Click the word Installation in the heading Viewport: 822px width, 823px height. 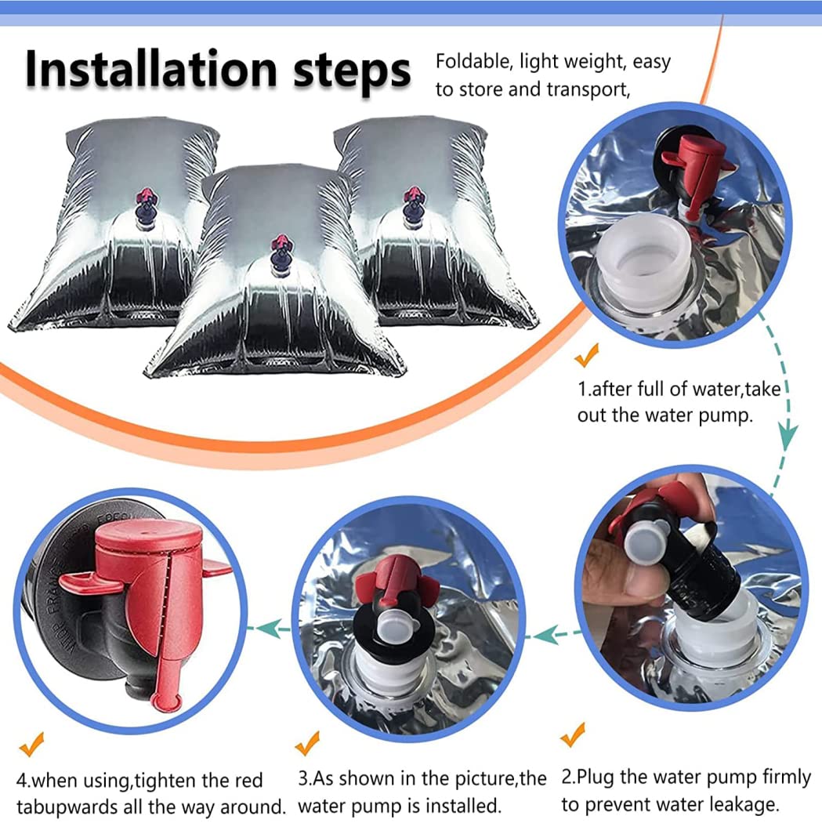pos(151,70)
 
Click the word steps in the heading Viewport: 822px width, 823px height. pos(352,74)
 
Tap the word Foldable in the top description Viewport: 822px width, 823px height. pos(473,61)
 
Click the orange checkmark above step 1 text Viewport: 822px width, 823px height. pos(587,355)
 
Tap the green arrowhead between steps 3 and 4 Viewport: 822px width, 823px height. pos(267,629)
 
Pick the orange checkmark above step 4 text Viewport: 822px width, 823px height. pos(31,744)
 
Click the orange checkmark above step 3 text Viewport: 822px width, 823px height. pos(307,743)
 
